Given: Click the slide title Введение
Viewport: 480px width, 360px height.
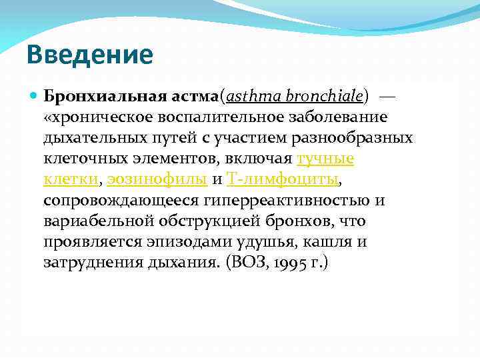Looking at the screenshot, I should tap(90, 55).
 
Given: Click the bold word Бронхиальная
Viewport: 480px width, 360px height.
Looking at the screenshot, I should tap(101, 96).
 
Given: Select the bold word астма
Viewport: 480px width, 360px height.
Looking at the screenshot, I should tap(190, 96).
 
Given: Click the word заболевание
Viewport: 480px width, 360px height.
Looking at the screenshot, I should tap(341, 117).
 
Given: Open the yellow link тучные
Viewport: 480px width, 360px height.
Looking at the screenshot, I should tap(325, 159).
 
